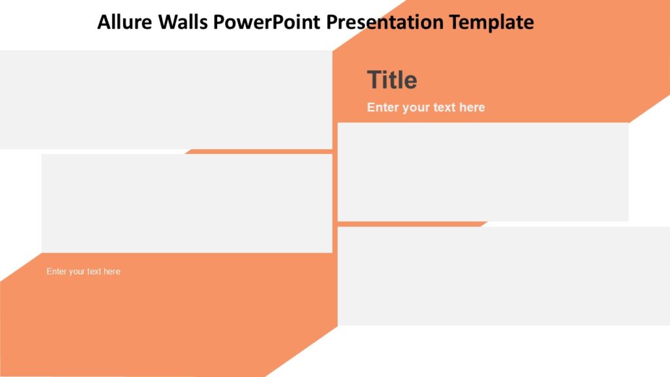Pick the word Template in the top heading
[491, 22]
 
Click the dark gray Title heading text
[392, 80]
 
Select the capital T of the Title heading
[373, 80]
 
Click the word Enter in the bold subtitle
[383, 107]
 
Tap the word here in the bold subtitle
[472, 107]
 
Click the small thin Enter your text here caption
[83, 272]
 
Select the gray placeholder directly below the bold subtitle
[483, 172]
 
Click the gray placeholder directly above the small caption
[186, 204]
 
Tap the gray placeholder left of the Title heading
[166, 99]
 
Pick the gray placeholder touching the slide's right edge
[504, 276]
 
